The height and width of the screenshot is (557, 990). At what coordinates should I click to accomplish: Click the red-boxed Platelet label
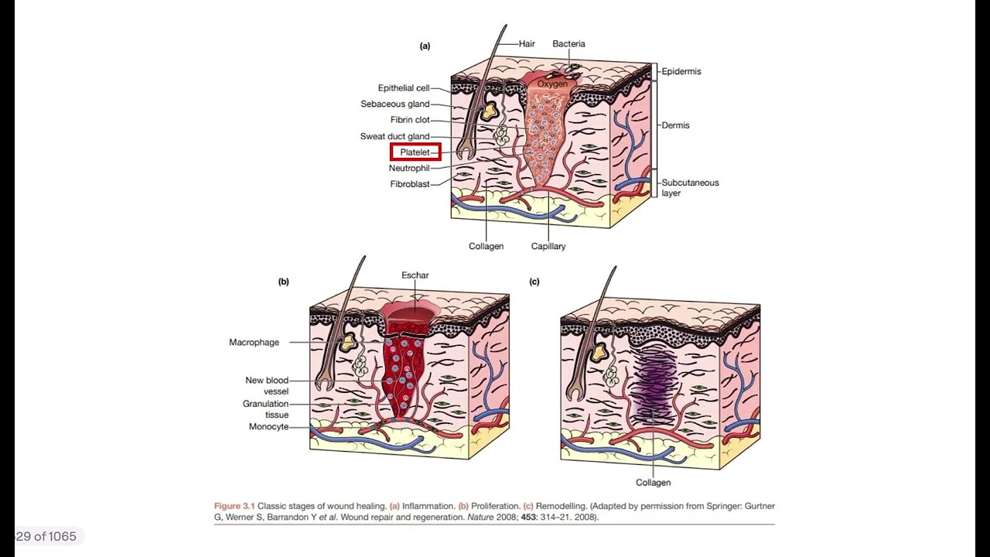pyautogui.click(x=415, y=152)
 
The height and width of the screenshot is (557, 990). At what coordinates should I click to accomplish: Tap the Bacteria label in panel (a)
pyautogui.click(x=568, y=44)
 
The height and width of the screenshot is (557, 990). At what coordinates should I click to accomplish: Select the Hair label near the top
pyautogui.click(x=527, y=44)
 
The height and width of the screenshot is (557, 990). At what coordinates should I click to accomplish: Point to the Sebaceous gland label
pyautogui.click(x=395, y=104)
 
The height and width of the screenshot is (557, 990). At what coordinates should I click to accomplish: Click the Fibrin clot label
pyautogui.click(x=410, y=120)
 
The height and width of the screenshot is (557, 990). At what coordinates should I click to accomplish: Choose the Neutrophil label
pyautogui.click(x=409, y=168)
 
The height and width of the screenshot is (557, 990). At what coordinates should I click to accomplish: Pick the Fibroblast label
pyautogui.click(x=410, y=184)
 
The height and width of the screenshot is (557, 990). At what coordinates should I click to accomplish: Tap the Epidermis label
pyautogui.click(x=681, y=71)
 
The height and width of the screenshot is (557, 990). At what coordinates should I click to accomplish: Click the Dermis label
pyautogui.click(x=675, y=125)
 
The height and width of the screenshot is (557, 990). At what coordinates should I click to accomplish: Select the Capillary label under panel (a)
pyautogui.click(x=548, y=246)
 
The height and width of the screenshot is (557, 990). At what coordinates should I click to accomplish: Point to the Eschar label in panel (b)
pyautogui.click(x=415, y=275)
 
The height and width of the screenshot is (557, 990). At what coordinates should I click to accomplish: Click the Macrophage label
pyautogui.click(x=254, y=342)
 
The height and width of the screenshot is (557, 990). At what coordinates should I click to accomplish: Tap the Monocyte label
pyautogui.click(x=268, y=426)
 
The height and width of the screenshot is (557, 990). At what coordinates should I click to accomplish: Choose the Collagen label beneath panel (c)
pyautogui.click(x=654, y=483)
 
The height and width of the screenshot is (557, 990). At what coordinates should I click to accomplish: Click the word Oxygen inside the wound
pyautogui.click(x=552, y=84)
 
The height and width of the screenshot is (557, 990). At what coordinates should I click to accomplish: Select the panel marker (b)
pyautogui.click(x=283, y=282)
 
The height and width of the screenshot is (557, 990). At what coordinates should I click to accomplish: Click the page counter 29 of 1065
pyautogui.click(x=46, y=536)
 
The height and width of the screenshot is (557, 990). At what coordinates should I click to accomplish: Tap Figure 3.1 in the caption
pyautogui.click(x=234, y=506)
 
